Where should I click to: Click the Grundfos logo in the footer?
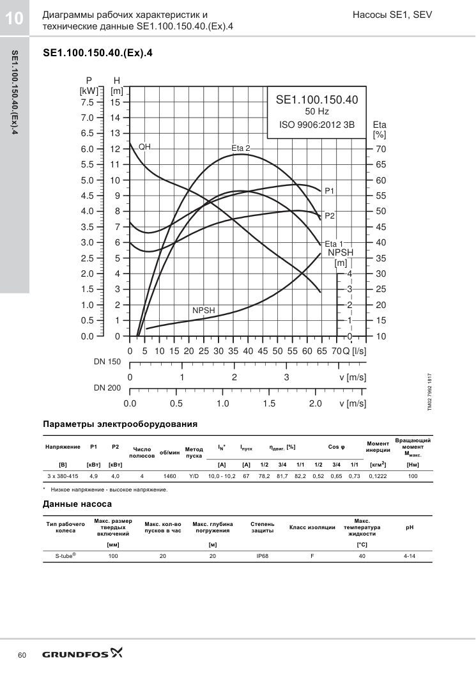(x=82, y=654)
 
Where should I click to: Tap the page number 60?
(x=22, y=655)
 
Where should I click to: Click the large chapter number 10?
(x=14, y=19)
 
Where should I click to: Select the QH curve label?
(x=144, y=147)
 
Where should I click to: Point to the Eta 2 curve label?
(x=241, y=148)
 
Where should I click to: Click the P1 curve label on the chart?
(x=329, y=191)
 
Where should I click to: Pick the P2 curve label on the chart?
(x=330, y=216)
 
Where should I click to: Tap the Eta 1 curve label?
(x=334, y=244)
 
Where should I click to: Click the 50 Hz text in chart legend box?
(x=317, y=112)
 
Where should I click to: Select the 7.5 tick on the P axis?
(x=87, y=103)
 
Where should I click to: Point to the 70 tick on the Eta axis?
(x=381, y=150)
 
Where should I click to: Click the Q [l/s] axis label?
(x=355, y=351)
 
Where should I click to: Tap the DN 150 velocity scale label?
(x=107, y=362)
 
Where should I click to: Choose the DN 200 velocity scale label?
(x=107, y=388)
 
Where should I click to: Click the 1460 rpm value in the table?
(x=169, y=476)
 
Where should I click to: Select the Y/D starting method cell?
(x=194, y=476)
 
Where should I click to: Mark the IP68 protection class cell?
(x=262, y=556)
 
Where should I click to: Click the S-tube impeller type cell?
(x=66, y=555)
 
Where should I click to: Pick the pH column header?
(x=410, y=527)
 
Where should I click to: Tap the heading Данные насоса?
(x=77, y=504)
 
